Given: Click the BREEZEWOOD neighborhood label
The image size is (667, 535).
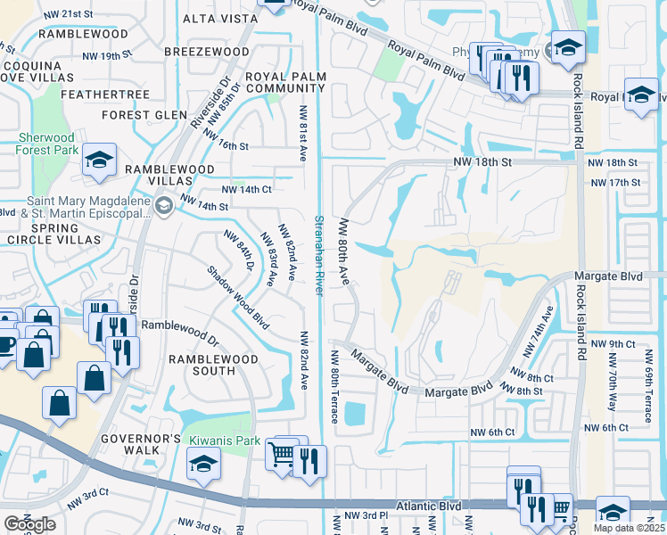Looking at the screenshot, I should [x=207, y=52].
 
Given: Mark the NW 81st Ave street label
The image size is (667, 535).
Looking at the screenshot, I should [x=303, y=134].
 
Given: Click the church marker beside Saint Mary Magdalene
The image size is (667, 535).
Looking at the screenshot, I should [x=162, y=207].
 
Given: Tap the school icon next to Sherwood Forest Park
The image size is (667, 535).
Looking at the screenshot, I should [x=99, y=160].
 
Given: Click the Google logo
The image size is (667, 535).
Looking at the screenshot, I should [x=29, y=524].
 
